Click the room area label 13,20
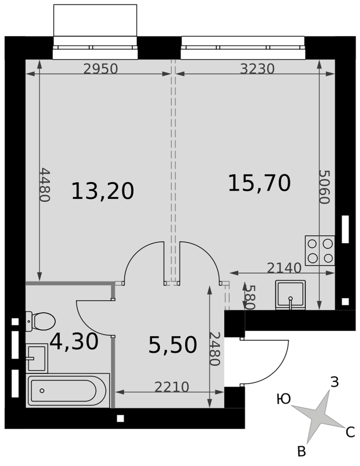pyautogui.click(x=103, y=191)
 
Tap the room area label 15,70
pyautogui.click(x=259, y=183)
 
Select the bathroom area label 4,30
pyautogui.click(x=74, y=342)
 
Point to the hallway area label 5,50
pyautogui.click(x=173, y=345)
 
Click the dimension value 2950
pyautogui.click(x=101, y=69)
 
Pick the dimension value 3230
pyautogui.click(x=257, y=69)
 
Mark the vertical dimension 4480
pyautogui.click(x=45, y=185)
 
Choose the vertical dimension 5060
pyautogui.click(x=325, y=187)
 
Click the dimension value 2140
pyautogui.click(x=284, y=268)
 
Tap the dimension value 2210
pyautogui.click(x=172, y=387)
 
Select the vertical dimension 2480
pyautogui.click(x=214, y=348)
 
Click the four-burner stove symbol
pyautogui.click(x=320, y=251)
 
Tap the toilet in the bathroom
pyautogui.click(x=41, y=321)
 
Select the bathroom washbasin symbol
pyautogui.click(x=37, y=358)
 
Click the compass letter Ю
pyautogui.click(x=284, y=399)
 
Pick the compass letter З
pyautogui.click(x=334, y=382)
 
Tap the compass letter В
pyautogui.click(x=301, y=451)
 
